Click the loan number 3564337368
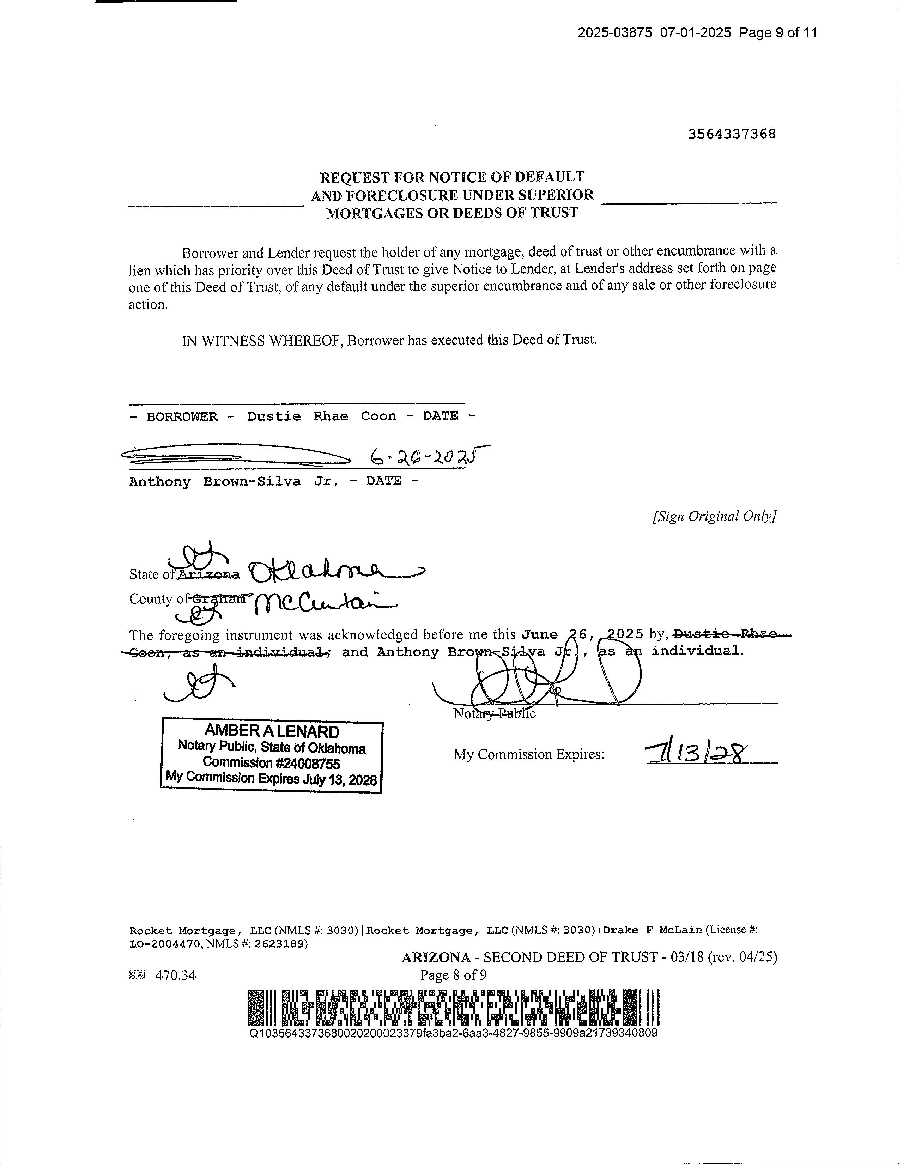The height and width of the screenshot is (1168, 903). pyautogui.click(x=731, y=134)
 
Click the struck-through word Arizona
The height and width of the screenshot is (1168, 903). pyautogui.click(x=208, y=575)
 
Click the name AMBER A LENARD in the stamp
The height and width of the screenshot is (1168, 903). pyautogui.click(x=272, y=731)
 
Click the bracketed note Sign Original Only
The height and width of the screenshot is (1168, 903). pyautogui.click(x=714, y=516)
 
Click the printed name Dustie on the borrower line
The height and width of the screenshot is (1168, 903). pyautogui.click(x=274, y=416)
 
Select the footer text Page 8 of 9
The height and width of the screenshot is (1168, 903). pyautogui.click(x=454, y=975)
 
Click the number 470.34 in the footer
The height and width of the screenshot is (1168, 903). pyautogui.click(x=175, y=975)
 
